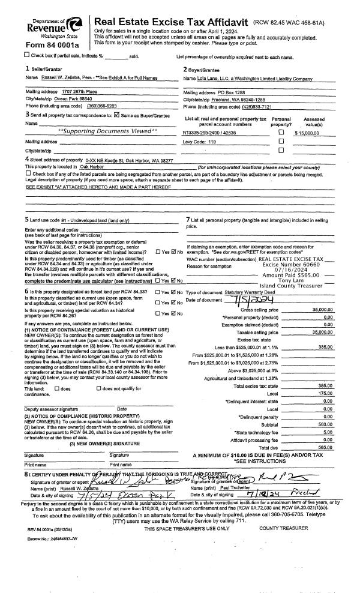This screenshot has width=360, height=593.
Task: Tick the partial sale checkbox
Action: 27,56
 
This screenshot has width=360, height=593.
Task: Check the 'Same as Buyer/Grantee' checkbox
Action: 134,113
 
